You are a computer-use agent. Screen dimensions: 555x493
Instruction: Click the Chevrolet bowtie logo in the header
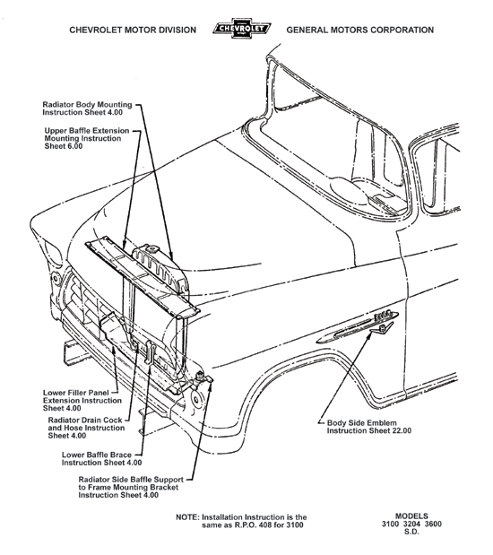click(x=246, y=30)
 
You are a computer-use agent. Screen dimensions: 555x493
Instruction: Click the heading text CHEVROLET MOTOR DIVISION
click(x=133, y=30)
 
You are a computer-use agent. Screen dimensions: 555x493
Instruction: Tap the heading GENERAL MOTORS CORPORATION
click(x=360, y=30)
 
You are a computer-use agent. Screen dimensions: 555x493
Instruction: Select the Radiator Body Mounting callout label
click(x=88, y=109)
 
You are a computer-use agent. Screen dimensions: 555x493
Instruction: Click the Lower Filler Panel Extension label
click(x=81, y=399)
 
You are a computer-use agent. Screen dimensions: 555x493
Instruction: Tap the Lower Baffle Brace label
click(x=101, y=459)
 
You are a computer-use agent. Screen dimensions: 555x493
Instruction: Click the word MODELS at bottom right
click(x=416, y=516)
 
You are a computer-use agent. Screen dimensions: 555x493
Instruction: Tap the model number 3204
click(x=416, y=525)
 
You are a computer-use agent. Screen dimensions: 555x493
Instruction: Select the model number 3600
click(x=439, y=525)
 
